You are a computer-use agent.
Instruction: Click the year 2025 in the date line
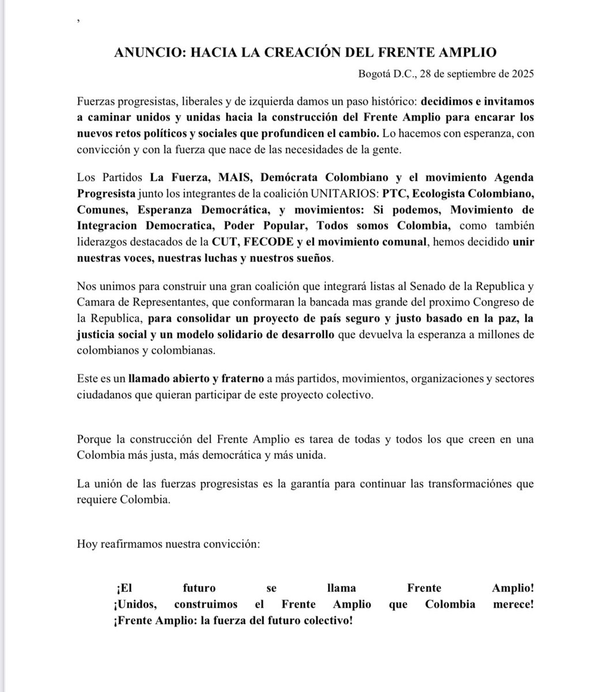click(521, 74)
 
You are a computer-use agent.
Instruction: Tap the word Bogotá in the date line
click(374, 74)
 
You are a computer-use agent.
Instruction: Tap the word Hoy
click(86, 543)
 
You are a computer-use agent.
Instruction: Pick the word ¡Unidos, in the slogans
click(135, 604)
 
